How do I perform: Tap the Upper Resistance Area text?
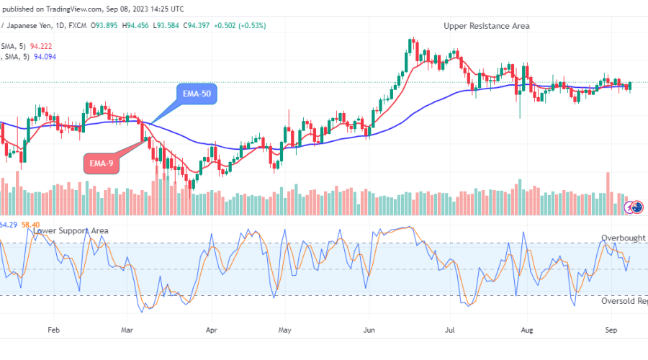(x=487, y=26)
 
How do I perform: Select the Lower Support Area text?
(x=71, y=230)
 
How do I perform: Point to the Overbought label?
(x=624, y=238)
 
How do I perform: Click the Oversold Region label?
(x=624, y=301)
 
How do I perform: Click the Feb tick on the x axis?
(x=53, y=330)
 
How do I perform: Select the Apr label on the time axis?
(x=212, y=330)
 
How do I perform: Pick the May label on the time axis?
(x=285, y=330)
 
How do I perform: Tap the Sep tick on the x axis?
(x=611, y=330)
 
